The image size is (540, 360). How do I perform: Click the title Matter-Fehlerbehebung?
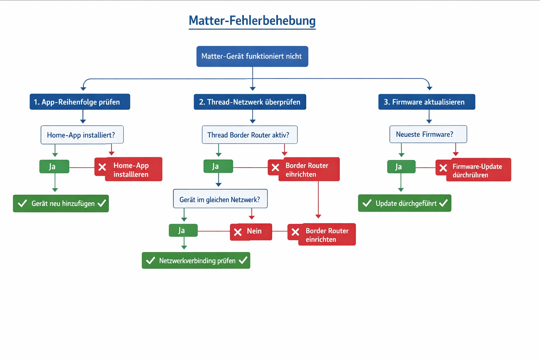tap(252, 20)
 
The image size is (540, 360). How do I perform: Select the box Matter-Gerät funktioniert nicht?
tap(252, 56)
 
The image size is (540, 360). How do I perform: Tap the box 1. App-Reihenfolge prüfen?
tap(80, 102)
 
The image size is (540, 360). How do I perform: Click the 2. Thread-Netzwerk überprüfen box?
tap(250, 102)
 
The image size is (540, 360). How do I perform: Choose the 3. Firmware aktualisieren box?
tap(426, 102)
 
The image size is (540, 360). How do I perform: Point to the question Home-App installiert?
tap(82, 135)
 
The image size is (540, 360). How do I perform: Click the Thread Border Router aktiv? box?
tap(250, 135)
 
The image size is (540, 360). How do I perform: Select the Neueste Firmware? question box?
tap(428, 134)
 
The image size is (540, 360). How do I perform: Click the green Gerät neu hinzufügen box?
tap(61, 204)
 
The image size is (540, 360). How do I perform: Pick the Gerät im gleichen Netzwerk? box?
tap(220, 199)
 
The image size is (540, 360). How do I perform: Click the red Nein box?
tap(251, 232)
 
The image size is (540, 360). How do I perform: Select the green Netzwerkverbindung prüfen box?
tap(196, 261)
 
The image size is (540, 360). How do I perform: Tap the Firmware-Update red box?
tap(475, 170)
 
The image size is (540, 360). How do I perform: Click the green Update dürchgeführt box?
tap(404, 203)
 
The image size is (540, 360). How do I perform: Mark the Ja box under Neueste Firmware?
tap(401, 167)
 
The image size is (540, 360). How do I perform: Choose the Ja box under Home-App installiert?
tap(54, 167)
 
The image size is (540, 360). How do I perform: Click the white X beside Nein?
tap(238, 232)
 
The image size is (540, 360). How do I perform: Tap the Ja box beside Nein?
tap(183, 231)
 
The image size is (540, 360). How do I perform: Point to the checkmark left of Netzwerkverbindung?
tap(150, 261)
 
